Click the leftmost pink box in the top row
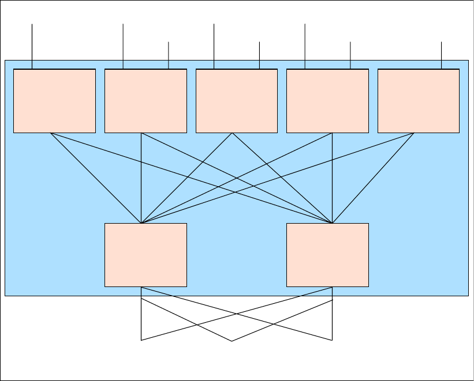[54, 101]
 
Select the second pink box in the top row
[145, 101]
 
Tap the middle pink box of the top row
[237, 101]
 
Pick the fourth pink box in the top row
[327, 101]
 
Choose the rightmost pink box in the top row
[419, 101]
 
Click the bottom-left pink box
[145, 255]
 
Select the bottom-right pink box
[327, 255]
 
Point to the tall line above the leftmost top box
[32, 46]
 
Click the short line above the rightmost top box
[442, 55]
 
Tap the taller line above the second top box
[124, 46]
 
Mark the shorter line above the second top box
[169, 55]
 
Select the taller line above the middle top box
[214, 46]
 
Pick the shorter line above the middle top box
[260, 55]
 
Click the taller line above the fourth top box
[305, 46]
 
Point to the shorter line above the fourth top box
[350, 55]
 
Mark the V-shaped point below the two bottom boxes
[232, 340]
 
